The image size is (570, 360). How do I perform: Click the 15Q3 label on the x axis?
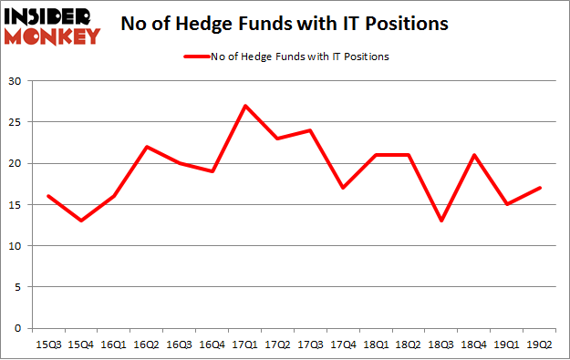tap(48, 345)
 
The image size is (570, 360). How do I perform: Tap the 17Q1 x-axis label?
tap(245, 345)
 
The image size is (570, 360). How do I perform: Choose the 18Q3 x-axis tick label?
tap(442, 345)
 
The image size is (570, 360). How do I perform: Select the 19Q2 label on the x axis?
tap(541, 345)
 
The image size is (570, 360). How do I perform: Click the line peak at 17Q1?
tap(245, 106)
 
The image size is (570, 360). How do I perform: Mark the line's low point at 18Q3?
tap(442, 221)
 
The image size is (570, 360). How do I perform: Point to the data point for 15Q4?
tap(81, 221)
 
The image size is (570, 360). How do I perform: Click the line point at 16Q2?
tap(147, 147)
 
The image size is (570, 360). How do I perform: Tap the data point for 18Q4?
tap(475, 155)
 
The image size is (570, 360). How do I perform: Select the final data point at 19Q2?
tap(541, 188)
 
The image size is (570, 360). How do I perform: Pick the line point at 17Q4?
tap(344, 188)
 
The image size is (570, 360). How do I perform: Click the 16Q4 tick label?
tap(212, 345)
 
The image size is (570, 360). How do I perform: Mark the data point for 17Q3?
tap(311, 130)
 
